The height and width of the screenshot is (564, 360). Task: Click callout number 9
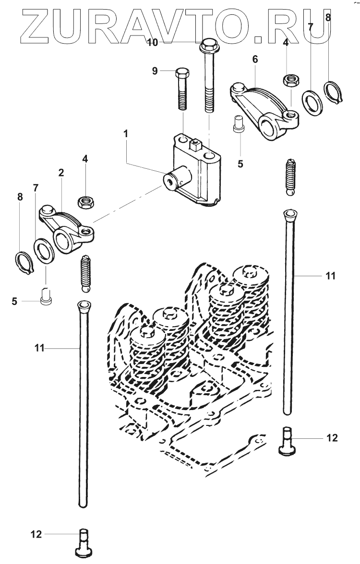[x=155, y=71]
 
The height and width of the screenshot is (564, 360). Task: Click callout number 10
[x=152, y=43]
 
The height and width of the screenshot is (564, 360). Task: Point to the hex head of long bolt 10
[x=207, y=47]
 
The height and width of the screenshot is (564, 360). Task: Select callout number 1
[x=126, y=134]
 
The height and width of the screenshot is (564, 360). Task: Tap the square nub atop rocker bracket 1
[x=195, y=143]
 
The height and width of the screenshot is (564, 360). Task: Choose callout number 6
[x=255, y=59]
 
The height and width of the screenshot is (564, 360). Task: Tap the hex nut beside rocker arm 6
[x=289, y=80]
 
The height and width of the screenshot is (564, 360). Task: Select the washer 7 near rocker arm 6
[x=312, y=102]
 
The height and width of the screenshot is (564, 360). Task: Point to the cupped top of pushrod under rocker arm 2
[x=83, y=305]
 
